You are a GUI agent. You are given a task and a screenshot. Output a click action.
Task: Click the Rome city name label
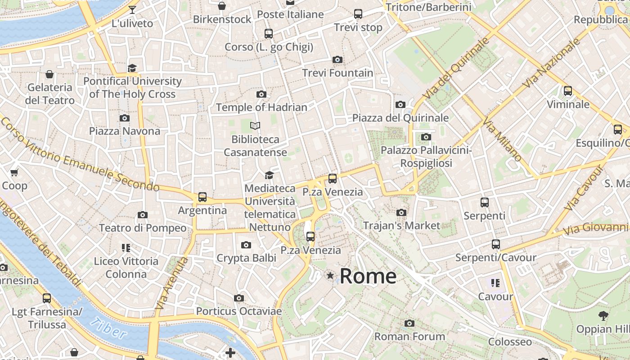pyautogui.click(x=368, y=276)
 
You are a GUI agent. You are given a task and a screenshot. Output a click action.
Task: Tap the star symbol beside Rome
pyautogui.click(x=330, y=275)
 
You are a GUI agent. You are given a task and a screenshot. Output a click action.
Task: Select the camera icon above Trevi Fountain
pyautogui.click(x=337, y=59)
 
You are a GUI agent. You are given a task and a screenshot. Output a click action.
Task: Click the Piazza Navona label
pyautogui.click(x=125, y=131)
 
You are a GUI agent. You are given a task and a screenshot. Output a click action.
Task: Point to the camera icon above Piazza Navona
pyautogui.click(x=125, y=118)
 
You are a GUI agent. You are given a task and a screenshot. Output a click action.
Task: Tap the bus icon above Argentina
pyautogui.click(x=202, y=197)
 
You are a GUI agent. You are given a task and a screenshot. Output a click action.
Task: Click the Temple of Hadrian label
pyautogui.click(x=261, y=107)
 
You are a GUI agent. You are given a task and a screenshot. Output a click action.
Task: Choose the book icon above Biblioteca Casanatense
pyautogui.click(x=255, y=126)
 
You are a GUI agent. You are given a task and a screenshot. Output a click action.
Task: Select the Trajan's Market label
pyautogui.click(x=401, y=225)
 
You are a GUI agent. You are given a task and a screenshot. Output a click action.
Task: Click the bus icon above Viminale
pyautogui.click(x=568, y=91)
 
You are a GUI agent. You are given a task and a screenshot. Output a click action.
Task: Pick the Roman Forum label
pyautogui.click(x=409, y=336)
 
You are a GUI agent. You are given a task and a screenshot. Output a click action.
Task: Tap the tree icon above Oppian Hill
pyautogui.click(x=603, y=316)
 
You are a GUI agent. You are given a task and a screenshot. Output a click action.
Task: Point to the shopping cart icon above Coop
pyautogui.click(x=14, y=172)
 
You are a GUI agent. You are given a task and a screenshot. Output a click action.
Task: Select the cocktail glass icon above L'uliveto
pyautogui.click(x=132, y=10)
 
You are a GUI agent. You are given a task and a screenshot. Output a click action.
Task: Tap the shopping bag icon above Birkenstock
pyautogui.click(x=222, y=6)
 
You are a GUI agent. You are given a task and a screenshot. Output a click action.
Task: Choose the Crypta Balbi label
pyautogui.click(x=246, y=258)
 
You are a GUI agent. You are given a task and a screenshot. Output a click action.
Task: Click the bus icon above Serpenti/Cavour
pyautogui.click(x=495, y=244)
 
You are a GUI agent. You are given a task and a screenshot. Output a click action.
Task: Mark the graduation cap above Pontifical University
pyautogui.click(x=132, y=68)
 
